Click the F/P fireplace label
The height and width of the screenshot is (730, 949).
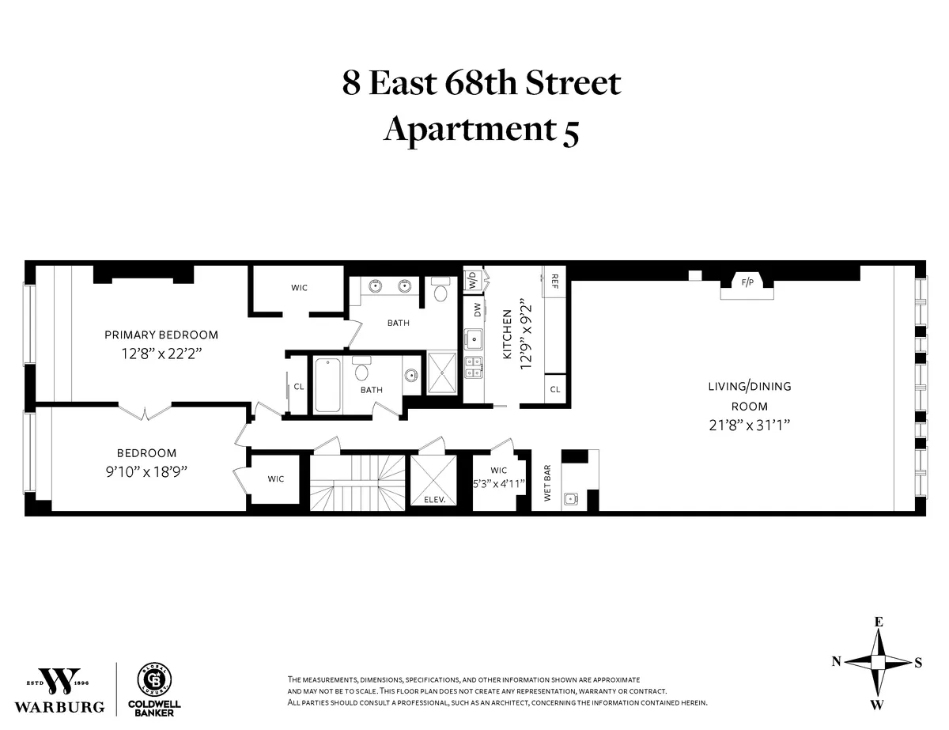(746, 281)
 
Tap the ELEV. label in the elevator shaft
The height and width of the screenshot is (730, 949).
(435, 500)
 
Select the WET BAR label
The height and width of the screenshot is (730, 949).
(546, 483)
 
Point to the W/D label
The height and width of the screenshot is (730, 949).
(472, 281)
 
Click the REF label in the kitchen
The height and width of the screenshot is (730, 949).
(554, 281)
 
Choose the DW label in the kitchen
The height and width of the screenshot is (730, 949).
(477, 310)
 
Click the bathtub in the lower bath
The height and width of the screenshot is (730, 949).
(328, 386)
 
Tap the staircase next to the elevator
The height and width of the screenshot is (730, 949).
(355, 483)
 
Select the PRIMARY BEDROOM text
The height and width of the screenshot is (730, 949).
(161, 335)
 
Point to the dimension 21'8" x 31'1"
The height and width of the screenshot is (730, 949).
(749, 425)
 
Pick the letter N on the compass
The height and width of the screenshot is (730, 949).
(836, 662)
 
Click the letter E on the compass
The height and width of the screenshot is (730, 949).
(878, 622)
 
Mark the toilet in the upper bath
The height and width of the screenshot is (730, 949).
(440, 293)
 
